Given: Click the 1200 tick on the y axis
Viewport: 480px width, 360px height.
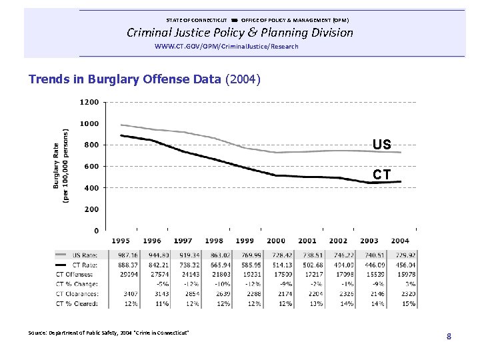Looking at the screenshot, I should point(89,102).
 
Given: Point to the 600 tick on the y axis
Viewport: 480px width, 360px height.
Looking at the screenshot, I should point(91,167).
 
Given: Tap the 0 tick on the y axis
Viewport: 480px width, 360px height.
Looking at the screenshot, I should point(96,231).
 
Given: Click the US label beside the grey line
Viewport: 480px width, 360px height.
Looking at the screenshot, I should point(382,145).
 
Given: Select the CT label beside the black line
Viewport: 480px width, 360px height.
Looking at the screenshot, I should point(382,175).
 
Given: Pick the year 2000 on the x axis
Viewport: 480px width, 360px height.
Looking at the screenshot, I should point(275,241).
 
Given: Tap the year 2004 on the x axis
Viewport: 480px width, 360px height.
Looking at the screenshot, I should point(400,241).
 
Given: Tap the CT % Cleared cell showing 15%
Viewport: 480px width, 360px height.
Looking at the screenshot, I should point(408,304).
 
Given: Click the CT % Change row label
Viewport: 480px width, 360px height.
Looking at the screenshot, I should point(77,285).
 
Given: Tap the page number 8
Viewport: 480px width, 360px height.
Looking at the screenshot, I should point(449,336).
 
